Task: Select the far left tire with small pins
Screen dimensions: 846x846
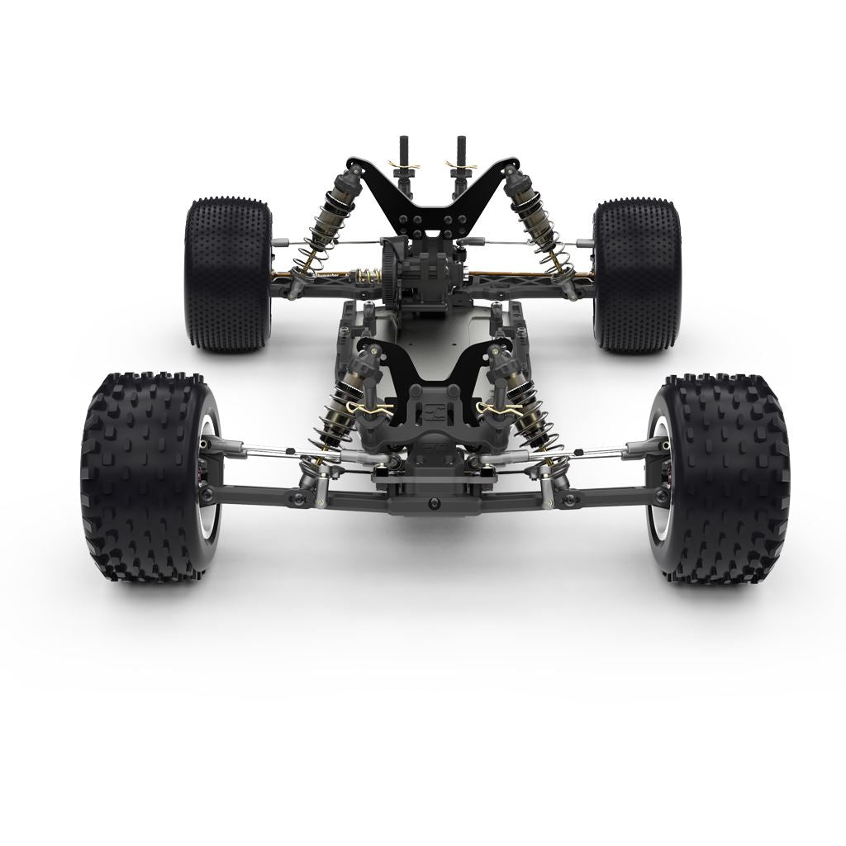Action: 227,273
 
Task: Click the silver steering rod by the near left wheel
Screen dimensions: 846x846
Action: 256,450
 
